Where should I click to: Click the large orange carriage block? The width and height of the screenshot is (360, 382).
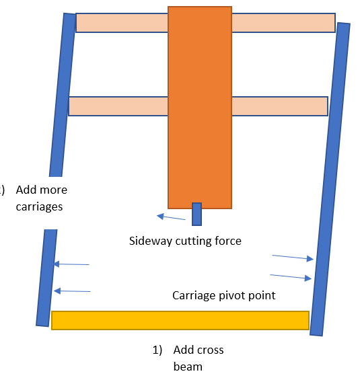coord(200,108)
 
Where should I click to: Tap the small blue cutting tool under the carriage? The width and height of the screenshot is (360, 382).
coord(196,214)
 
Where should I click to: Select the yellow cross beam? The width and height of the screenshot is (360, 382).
coord(180,320)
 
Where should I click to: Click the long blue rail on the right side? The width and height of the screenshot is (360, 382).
coord(330,179)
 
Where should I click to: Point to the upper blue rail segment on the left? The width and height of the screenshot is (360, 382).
coord(63,95)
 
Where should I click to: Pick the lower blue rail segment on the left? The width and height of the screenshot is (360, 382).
coord(46,278)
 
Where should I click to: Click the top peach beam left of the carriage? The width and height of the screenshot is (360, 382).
coord(122,23)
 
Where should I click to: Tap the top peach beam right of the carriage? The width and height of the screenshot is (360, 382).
coord(283,23)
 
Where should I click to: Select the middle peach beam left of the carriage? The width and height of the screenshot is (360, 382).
coord(118,106)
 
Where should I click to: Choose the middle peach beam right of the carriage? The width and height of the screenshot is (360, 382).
coord(280,106)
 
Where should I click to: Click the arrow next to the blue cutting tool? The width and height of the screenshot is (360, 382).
coord(171,217)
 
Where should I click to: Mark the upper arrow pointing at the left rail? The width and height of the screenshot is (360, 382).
coord(71,264)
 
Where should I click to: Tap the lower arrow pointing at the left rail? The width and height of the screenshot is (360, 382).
coord(72,291)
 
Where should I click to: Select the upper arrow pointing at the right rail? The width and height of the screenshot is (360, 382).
coord(293,258)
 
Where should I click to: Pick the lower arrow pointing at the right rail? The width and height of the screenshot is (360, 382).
coord(291,277)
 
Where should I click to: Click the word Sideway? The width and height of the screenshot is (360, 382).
coord(150,241)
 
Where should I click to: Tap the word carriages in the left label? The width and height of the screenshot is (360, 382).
coord(39,207)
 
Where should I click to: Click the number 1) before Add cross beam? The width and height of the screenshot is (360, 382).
coord(157,350)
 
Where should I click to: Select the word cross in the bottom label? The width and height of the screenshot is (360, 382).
coord(212,350)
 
